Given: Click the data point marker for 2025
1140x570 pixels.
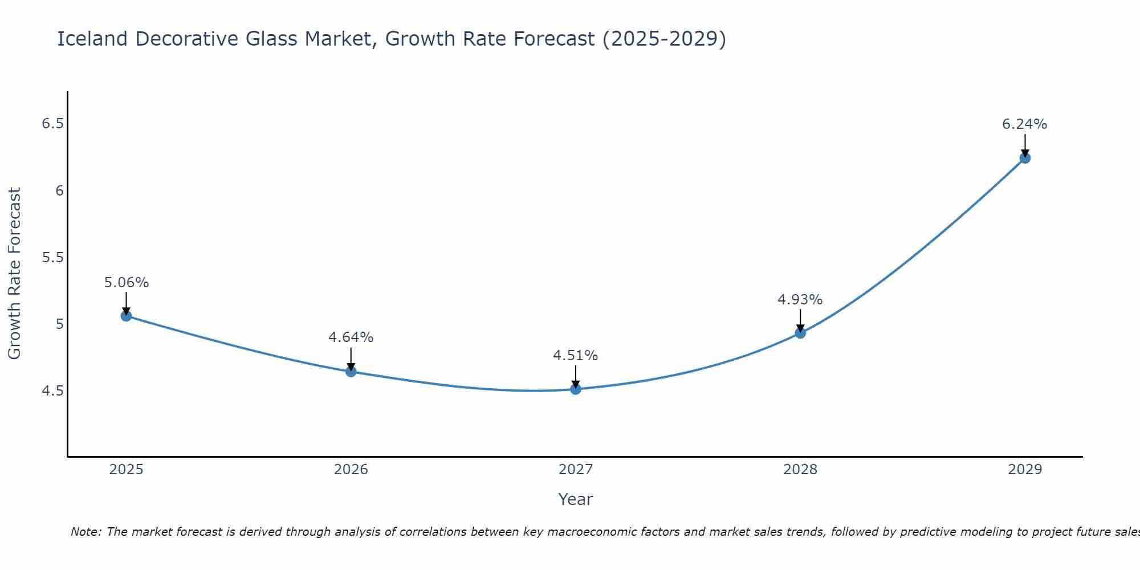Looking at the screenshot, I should tap(126, 316).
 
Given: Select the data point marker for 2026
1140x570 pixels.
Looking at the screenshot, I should tap(351, 372).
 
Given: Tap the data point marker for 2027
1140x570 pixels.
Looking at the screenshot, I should tap(576, 389).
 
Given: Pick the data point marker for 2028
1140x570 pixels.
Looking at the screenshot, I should tap(800, 333).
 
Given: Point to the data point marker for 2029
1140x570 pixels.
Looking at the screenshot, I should tap(1025, 158).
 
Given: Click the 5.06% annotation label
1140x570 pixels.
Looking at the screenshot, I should tap(127, 283).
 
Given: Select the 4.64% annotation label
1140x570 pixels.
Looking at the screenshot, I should tap(351, 337).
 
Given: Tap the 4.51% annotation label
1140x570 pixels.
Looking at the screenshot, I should tap(575, 356).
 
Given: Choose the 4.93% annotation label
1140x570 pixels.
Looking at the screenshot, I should tap(800, 300).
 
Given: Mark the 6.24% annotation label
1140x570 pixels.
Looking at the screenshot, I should tap(1024, 124).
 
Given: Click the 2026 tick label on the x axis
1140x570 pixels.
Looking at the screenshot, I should tap(351, 470).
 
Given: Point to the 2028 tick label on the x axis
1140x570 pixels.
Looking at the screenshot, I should tap(800, 470).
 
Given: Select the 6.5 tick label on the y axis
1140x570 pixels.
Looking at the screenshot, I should tap(52, 124).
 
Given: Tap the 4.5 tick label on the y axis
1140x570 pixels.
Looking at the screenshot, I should tap(52, 391).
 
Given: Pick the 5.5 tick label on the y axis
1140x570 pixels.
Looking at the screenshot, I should tap(52, 258).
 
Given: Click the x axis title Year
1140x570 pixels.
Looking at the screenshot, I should tap(575, 499).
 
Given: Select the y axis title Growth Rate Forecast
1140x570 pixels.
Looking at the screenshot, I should tap(14, 274).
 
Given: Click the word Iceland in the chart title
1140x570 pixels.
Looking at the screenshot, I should tap(91, 39).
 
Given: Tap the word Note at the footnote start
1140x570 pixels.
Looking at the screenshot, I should tap(85, 532).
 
